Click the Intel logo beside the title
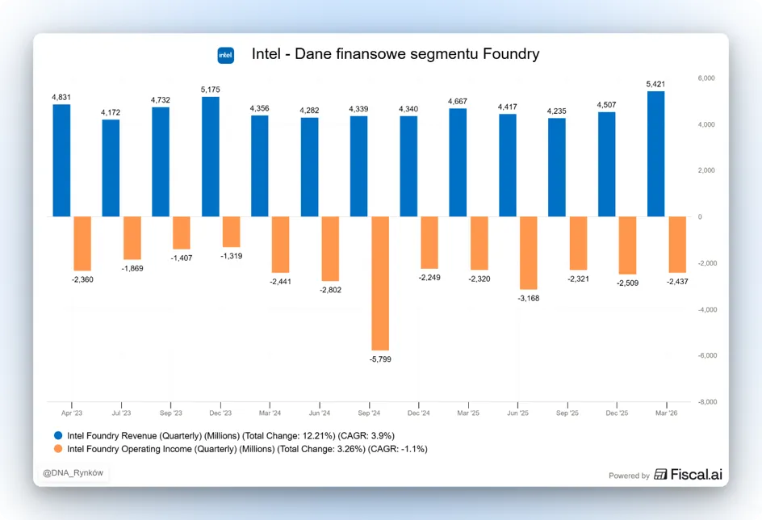(225, 55)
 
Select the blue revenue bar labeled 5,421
(655, 154)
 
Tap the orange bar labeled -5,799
(380, 283)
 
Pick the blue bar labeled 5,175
(211, 157)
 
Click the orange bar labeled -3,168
(528, 254)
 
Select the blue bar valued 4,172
(111, 168)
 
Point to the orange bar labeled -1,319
(232, 232)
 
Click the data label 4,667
(458, 101)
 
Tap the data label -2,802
(330, 290)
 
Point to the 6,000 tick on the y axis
(706, 78)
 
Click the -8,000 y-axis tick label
(708, 402)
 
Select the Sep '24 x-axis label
(369, 413)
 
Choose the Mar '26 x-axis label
(666, 413)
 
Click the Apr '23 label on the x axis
(72, 413)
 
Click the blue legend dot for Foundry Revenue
(58, 435)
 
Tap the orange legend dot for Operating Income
(58, 449)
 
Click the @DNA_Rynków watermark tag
(73, 473)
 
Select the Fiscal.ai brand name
(697, 474)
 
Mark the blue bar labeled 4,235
(556, 168)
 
